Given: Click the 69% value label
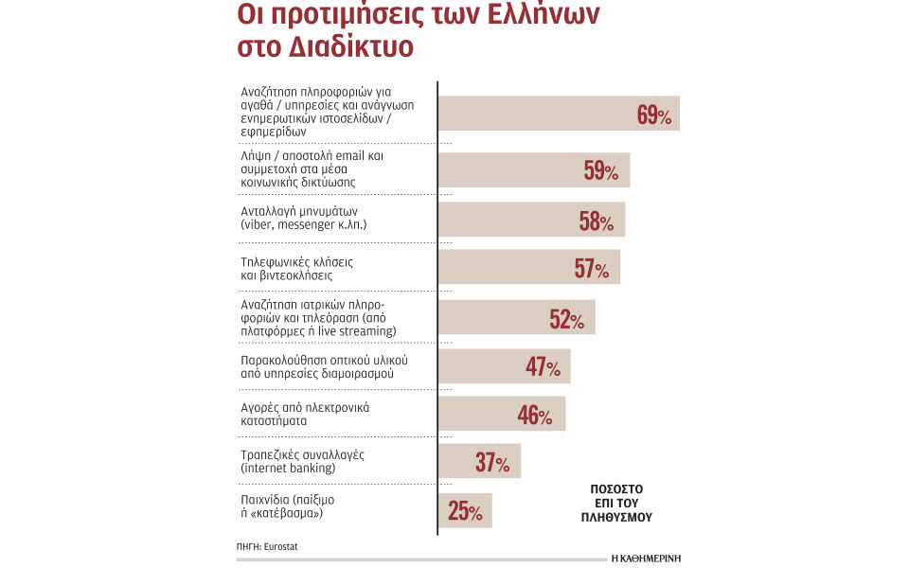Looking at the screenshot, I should tap(654, 116).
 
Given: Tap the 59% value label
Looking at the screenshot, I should tap(600, 171).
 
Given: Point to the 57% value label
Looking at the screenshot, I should tap(591, 269).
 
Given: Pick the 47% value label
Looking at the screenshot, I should tap(543, 367).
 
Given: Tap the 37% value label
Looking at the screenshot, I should tap(492, 464).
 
